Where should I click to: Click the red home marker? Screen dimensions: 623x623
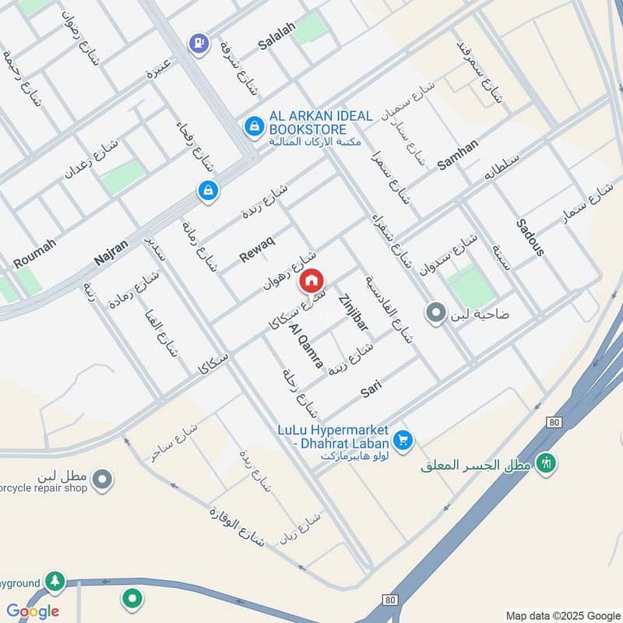coord(311,281)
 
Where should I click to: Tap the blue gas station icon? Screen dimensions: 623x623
coord(199,43)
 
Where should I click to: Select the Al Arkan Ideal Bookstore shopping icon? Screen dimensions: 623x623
coord(253,125)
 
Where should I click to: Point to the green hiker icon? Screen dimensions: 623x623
coord(547,463)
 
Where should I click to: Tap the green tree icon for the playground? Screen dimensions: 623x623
coord(54,581)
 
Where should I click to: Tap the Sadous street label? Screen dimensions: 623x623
coord(530,238)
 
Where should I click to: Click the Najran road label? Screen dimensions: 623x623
coord(110,248)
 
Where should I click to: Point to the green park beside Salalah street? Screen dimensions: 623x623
coord(311,29)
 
